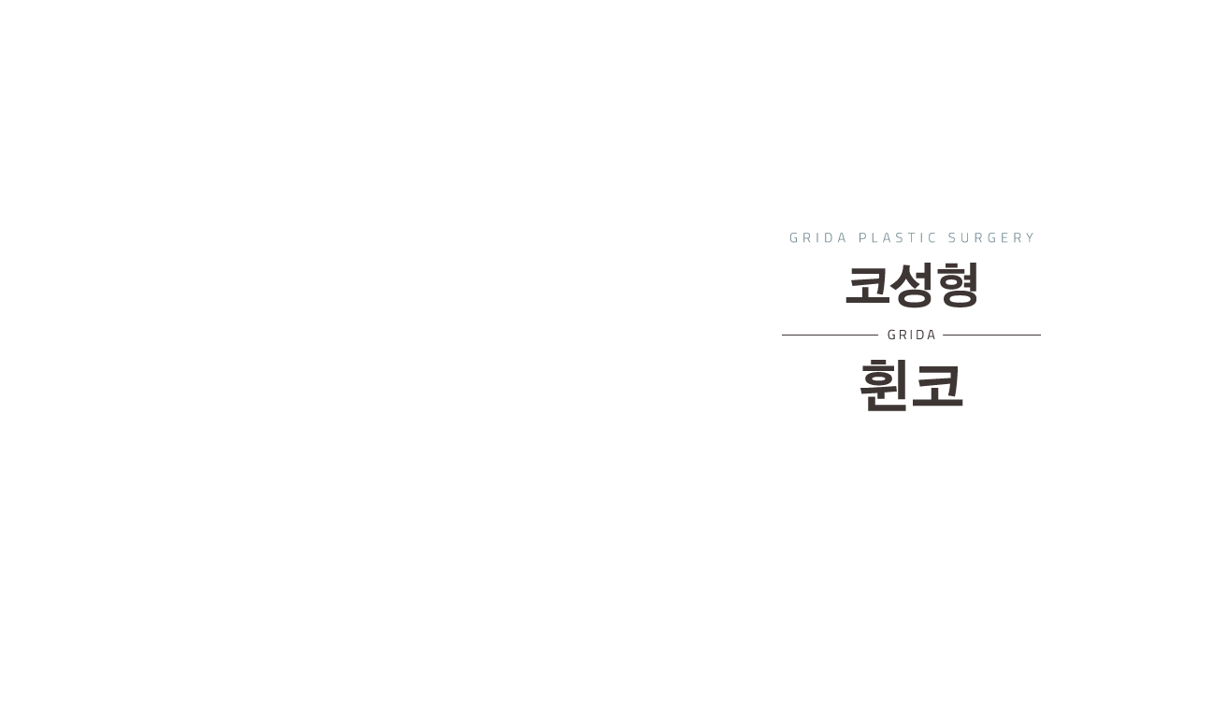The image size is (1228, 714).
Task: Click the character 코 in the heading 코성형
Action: [x=867, y=286]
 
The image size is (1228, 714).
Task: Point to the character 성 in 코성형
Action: [x=911, y=286]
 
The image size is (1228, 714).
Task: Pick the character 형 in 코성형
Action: [x=956, y=286]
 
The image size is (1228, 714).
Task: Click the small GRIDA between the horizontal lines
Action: [x=911, y=335]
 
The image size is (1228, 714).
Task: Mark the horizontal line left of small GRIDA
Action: [x=833, y=335]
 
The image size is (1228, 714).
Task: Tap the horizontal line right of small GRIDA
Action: [x=989, y=335]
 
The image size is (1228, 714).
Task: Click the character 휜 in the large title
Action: [x=886, y=385]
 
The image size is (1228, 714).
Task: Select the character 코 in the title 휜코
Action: [x=937, y=385]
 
